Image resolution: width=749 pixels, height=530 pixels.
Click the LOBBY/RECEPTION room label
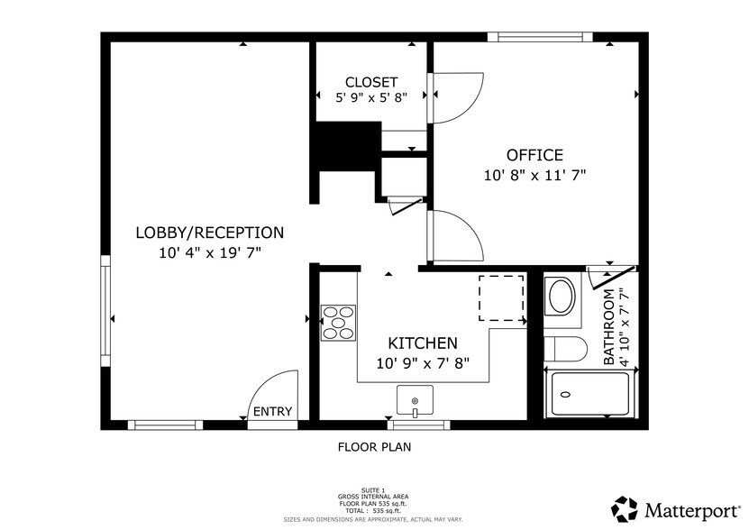point(209,233)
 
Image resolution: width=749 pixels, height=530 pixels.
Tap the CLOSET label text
point(370,82)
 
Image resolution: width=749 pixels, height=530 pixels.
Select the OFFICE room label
point(534,155)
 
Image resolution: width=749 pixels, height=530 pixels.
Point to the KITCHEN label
point(423,343)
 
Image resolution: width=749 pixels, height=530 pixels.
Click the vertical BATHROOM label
point(609,326)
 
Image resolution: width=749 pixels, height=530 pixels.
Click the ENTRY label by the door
point(272,412)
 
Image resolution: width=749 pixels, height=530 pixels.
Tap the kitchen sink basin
point(415,398)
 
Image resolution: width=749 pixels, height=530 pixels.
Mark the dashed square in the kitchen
point(501,298)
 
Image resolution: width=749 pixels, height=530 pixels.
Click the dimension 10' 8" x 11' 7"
point(534,177)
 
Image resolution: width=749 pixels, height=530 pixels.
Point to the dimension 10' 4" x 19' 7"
point(209,253)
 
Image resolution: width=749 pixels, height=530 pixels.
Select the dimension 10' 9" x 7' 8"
point(423,363)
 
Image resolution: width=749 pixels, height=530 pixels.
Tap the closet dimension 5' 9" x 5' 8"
point(370,97)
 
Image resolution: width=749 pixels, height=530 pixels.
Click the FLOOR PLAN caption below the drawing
point(375,446)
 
